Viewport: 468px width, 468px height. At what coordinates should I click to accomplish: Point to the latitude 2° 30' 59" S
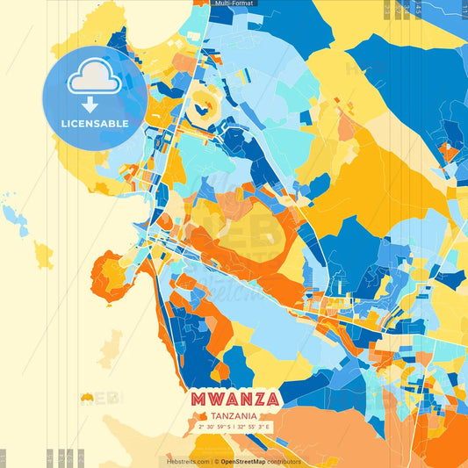tap(215, 426)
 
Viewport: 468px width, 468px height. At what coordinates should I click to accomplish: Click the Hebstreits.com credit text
tap(187, 461)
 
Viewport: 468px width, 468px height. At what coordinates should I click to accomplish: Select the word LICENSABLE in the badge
tap(95, 124)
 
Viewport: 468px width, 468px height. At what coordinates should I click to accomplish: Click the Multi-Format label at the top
tap(234, 4)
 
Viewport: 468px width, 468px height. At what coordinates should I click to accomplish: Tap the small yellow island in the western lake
tap(43, 255)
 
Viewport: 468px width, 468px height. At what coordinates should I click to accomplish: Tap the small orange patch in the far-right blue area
tap(450, 151)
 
